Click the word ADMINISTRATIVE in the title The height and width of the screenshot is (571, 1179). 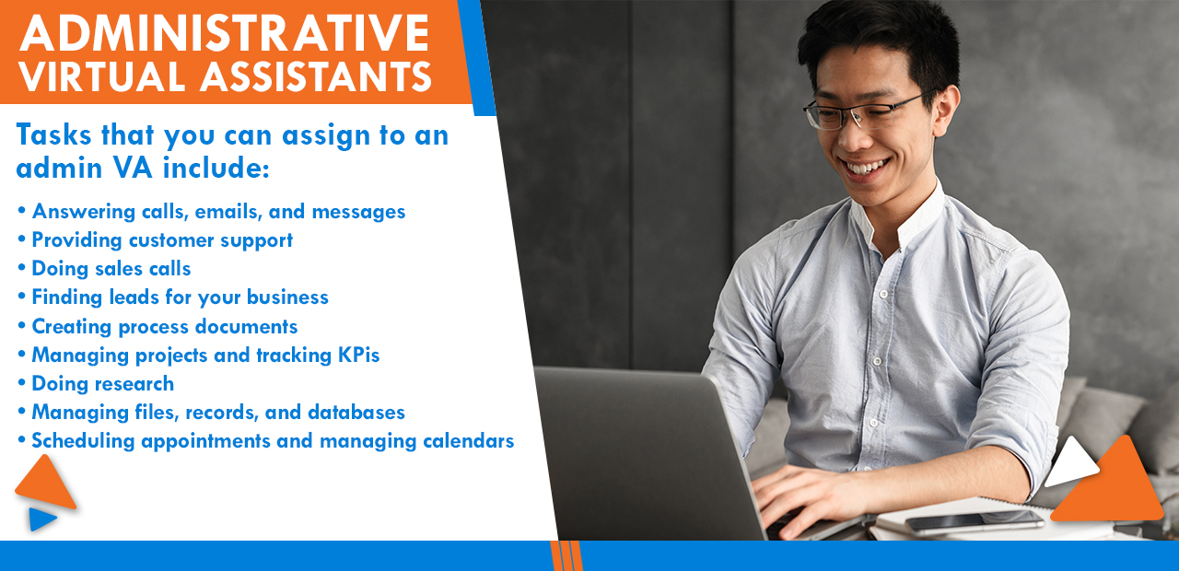click(224, 33)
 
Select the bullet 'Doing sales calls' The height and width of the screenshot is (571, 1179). click(111, 268)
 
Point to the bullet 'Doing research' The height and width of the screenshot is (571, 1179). click(102, 383)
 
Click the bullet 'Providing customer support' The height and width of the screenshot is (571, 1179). click(161, 239)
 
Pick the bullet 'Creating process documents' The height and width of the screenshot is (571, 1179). click(164, 326)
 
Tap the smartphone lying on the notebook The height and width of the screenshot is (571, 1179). click(974, 521)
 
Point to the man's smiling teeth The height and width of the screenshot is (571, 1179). click(868, 168)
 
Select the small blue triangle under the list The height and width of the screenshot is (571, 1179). click(41, 519)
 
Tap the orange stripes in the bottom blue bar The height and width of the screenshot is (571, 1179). click(566, 555)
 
